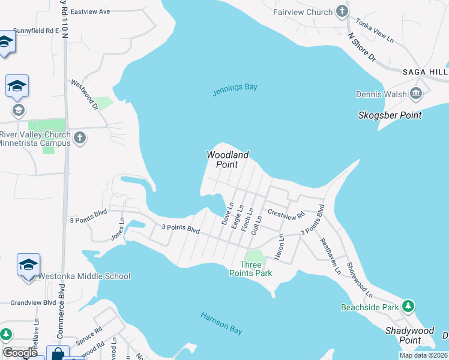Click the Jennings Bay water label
[235, 88]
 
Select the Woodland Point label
[228, 160]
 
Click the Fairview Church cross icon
[342, 11]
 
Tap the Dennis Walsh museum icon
[415, 94]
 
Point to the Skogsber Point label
[390, 115]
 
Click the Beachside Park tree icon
[408, 307]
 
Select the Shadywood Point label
[410, 335]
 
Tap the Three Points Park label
[251, 269]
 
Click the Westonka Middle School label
[84, 277]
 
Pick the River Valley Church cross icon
[80, 139]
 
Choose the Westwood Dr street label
[84, 95]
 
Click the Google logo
[20, 353]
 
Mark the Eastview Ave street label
[90, 11]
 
